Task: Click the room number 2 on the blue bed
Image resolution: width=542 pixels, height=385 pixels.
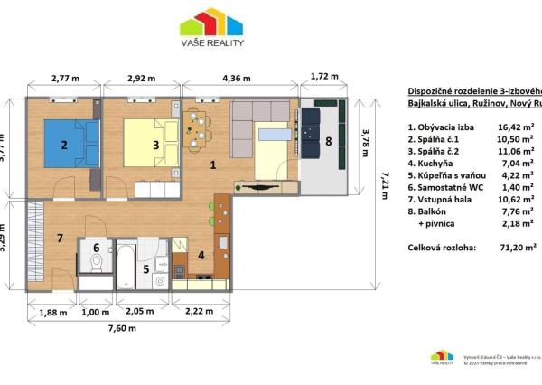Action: pyautogui.click(x=64, y=145)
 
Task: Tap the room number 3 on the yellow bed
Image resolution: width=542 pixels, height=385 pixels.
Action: pyautogui.click(x=155, y=144)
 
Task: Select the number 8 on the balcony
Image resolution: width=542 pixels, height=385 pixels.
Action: pyautogui.click(x=329, y=141)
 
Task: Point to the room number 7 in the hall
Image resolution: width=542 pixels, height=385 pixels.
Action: pyautogui.click(x=60, y=238)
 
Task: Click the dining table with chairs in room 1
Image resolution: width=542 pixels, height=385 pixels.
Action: pyautogui.click(x=197, y=129)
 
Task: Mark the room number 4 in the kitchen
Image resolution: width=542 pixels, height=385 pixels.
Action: pyautogui.click(x=201, y=255)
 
